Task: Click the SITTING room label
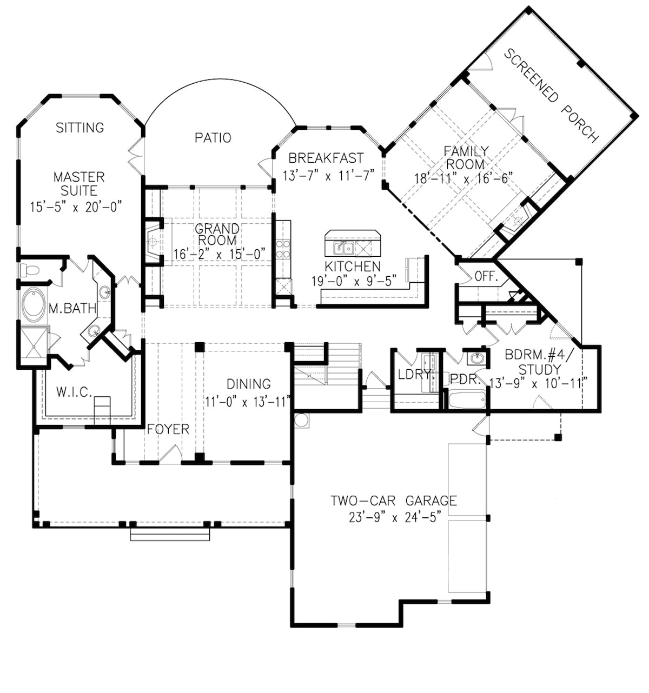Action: click(x=80, y=128)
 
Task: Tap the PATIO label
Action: click(x=213, y=138)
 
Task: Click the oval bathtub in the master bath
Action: click(x=34, y=305)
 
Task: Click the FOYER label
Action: click(x=168, y=429)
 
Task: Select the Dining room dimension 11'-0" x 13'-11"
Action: click(x=248, y=402)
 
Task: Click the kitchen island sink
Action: click(x=343, y=249)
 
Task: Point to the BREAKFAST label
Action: click(x=326, y=158)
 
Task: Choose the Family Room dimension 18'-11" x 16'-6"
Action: click(x=463, y=178)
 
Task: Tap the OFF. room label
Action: click(x=486, y=277)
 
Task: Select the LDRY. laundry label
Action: click(x=414, y=374)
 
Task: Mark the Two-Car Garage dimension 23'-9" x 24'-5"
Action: click(x=393, y=517)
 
